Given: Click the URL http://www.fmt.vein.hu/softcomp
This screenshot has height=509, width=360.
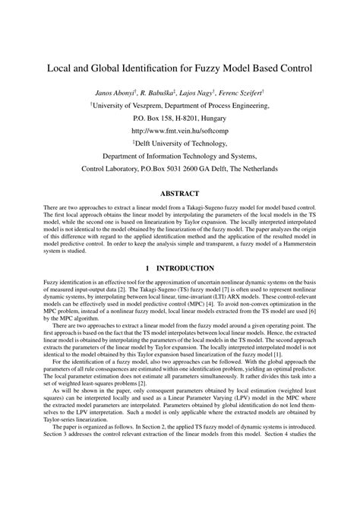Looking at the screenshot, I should (180, 131).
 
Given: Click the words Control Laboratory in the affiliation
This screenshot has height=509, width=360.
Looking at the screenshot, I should (112, 168).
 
